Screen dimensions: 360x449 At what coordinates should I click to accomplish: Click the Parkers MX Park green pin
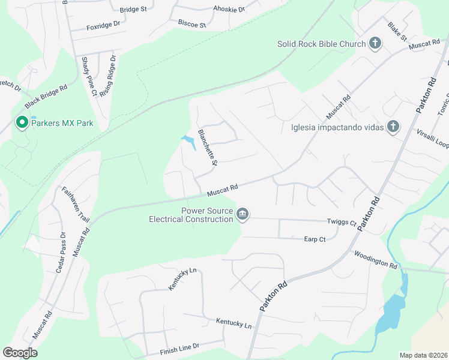(22, 123)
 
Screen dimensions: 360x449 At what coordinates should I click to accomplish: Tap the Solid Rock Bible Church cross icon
(375, 43)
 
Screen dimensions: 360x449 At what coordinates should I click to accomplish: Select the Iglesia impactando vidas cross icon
(393, 126)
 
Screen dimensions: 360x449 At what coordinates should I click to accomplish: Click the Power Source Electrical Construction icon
(243, 214)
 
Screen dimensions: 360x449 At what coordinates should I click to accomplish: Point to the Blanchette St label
(207, 148)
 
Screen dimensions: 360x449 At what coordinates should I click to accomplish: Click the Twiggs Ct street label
(342, 222)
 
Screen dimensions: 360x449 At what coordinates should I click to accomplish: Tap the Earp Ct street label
(315, 239)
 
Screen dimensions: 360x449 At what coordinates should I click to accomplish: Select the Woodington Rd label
(376, 260)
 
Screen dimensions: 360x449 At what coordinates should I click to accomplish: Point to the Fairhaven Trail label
(76, 205)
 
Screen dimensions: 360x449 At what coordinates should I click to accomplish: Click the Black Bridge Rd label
(46, 96)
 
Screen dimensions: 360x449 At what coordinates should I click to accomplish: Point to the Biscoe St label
(191, 24)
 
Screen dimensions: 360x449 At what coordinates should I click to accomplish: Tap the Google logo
(20, 353)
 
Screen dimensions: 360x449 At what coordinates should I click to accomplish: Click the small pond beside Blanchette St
(189, 142)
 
